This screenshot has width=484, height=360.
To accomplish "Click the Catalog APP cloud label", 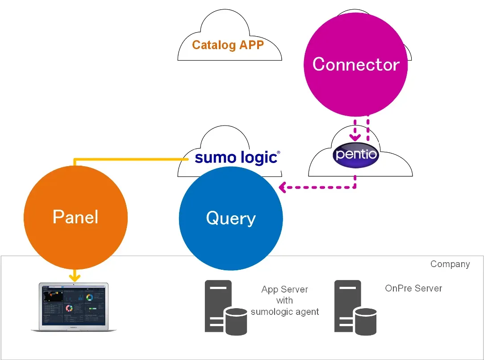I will pyautogui.click(x=228, y=45).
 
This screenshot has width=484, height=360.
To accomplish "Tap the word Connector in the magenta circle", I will pyautogui.click(x=356, y=64).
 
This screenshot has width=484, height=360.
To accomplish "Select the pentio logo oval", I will pyautogui.click(x=356, y=155).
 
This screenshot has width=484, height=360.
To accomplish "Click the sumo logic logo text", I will pyautogui.click(x=237, y=158).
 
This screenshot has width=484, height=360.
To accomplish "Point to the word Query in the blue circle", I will pyautogui.click(x=231, y=218).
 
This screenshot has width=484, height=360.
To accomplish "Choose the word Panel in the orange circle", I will pyautogui.click(x=75, y=217).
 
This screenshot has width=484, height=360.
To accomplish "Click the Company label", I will pyautogui.click(x=450, y=264).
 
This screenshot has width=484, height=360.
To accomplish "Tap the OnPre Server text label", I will pyautogui.click(x=413, y=288).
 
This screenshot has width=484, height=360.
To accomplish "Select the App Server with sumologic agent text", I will pyautogui.click(x=285, y=301).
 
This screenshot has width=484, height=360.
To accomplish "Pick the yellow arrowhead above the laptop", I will pyautogui.click(x=75, y=278).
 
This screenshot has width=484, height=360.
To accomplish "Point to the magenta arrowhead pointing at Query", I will pyautogui.click(x=282, y=188).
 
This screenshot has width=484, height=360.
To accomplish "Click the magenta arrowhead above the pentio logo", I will pyautogui.click(x=355, y=137).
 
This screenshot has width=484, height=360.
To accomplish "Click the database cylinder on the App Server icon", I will pyautogui.click(x=236, y=322).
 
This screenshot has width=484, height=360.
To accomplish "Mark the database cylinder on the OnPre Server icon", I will pyautogui.click(x=366, y=322).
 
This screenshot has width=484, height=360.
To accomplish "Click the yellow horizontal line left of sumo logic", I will pyautogui.click(x=129, y=159).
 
